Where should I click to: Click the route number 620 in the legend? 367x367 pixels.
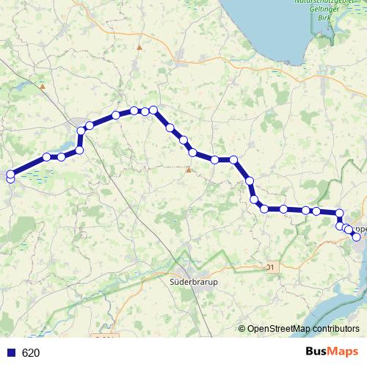tap(31, 352)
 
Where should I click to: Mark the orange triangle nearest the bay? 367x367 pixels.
tap(139, 47)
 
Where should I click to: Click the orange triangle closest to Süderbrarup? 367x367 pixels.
tap(189, 170)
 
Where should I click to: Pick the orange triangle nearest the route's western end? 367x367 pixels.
tap(43, 87)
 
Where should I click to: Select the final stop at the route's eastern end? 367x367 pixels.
tap(357, 236)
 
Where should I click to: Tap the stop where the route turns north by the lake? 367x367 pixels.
tap(80, 150)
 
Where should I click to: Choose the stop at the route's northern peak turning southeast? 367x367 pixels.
tap(154, 110)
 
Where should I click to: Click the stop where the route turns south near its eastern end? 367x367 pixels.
tap(339, 213)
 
